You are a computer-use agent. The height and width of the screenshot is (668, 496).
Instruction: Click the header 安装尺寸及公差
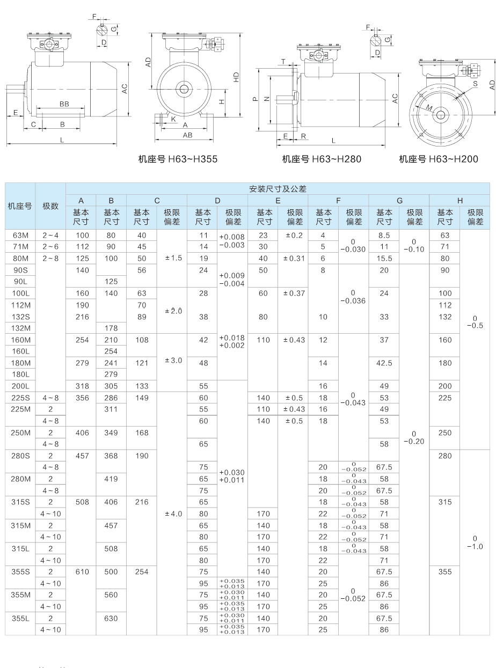click(278, 189)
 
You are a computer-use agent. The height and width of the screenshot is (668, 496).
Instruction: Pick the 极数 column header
click(50, 206)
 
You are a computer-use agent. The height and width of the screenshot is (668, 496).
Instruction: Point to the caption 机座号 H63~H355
click(178, 159)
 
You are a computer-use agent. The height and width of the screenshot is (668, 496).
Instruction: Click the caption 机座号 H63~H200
click(439, 159)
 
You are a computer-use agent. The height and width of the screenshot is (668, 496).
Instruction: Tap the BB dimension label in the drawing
click(64, 104)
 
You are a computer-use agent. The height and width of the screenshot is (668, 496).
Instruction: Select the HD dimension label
click(237, 77)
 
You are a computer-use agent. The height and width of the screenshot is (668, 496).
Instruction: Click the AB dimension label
click(187, 135)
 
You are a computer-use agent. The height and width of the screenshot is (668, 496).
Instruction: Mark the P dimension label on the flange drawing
click(254, 99)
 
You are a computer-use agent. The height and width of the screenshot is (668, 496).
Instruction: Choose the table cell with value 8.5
click(384, 235)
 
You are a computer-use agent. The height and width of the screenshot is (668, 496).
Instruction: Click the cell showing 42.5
click(384, 363)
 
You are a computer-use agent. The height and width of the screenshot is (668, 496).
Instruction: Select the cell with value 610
click(81, 572)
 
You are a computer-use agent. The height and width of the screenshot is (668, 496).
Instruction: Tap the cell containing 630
click(111, 618)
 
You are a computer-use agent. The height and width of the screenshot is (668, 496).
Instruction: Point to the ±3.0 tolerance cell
click(172, 360)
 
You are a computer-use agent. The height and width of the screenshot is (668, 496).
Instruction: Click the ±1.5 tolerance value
click(172, 258)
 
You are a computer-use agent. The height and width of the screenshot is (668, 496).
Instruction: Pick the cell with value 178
click(111, 328)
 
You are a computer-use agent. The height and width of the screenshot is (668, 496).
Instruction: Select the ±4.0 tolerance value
click(172, 513)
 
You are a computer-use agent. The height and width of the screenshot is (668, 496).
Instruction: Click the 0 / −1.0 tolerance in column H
click(475, 542)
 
